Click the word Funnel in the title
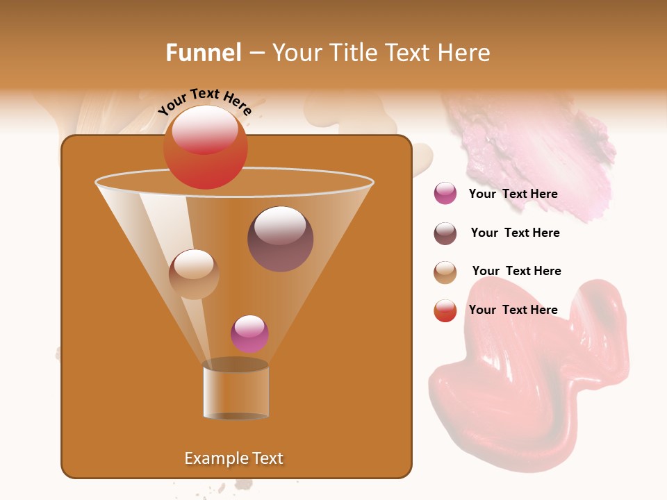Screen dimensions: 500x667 pyautogui.click(x=203, y=53)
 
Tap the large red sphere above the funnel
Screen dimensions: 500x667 pyautogui.click(x=205, y=147)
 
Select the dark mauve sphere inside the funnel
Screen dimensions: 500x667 pyautogui.click(x=280, y=239)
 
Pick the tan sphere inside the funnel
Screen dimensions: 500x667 pyautogui.click(x=194, y=274)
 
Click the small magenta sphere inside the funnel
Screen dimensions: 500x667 pyautogui.click(x=249, y=334)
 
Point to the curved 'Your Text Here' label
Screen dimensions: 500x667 pyautogui.click(x=205, y=101)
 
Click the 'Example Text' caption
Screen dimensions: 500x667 pyautogui.click(x=233, y=458)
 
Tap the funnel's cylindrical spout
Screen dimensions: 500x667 pyautogui.click(x=236, y=390)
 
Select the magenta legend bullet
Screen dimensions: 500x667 pyautogui.click(x=445, y=194)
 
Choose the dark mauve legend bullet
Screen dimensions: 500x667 pyautogui.click(x=445, y=233)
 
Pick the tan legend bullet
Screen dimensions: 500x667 pyautogui.click(x=445, y=272)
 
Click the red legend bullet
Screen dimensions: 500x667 pyautogui.click(x=445, y=310)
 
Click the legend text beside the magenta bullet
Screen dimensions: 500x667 pyautogui.click(x=513, y=194)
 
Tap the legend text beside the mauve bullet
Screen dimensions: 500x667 pyautogui.click(x=515, y=233)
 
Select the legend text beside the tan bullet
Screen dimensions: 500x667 pyautogui.click(x=516, y=271)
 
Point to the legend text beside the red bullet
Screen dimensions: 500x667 pyautogui.click(x=513, y=310)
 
